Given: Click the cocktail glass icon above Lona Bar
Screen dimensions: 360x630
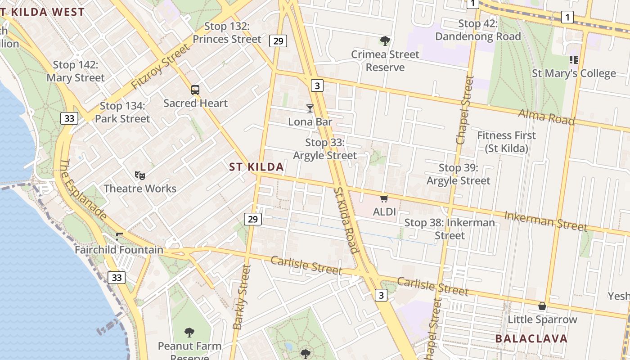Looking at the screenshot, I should coord(310,108).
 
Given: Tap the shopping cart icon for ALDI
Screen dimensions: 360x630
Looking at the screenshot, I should coord(384,198).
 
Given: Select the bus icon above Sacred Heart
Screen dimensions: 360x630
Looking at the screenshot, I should coord(195,90).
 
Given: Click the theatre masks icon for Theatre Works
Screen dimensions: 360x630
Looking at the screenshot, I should coord(140,175).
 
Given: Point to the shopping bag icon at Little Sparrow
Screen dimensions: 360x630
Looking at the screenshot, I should coord(542,306).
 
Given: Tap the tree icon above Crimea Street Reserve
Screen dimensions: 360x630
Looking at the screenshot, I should coord(385,41).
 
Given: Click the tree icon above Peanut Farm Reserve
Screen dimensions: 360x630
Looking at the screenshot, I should coord(189,333).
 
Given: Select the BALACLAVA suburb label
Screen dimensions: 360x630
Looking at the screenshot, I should coord(531,338).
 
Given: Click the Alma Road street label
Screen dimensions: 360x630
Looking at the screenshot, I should coord(546,117).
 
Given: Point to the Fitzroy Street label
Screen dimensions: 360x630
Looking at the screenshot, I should coord(160,67).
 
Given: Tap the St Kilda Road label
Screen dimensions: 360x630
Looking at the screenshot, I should coord(346,220).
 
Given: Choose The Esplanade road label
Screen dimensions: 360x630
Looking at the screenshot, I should coord(83,189).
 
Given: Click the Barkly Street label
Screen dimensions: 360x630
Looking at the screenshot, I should coord(242,297).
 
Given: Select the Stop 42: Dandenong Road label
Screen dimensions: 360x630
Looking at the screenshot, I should coord(478,30).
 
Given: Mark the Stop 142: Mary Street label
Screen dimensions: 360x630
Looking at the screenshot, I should coord(76,72).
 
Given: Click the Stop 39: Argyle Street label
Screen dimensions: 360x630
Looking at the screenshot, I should coord(458,174).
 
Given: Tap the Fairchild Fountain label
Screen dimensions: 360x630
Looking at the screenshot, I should coord(119,250).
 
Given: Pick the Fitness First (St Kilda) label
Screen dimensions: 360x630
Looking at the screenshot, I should coord(506,142).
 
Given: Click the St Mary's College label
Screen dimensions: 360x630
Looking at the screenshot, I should coord(574,73).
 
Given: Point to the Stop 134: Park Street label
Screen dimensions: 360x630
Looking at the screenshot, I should coord(122,112).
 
